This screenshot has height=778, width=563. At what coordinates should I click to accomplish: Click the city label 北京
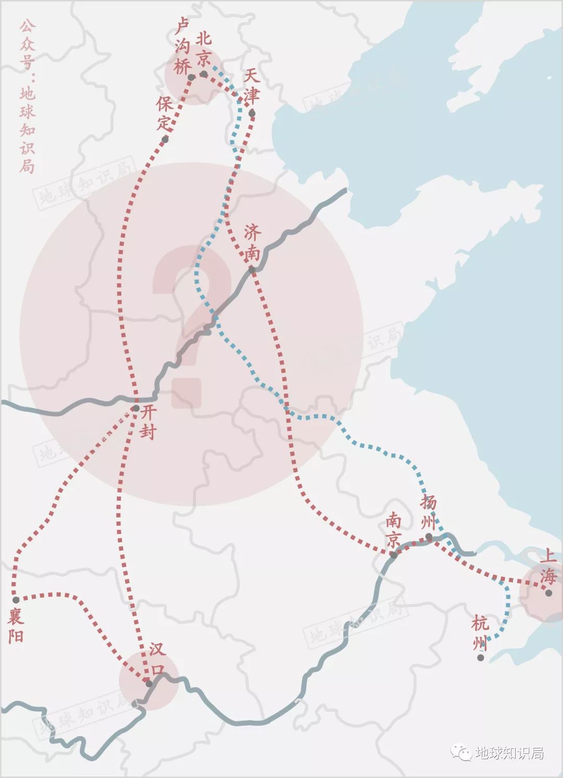(x=203, y=48)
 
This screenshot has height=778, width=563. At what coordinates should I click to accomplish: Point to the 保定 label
(x=165, y=114)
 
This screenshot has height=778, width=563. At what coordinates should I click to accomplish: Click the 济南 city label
(x=252, y=243)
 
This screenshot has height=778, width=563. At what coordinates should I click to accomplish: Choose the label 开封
(x=148, y=422)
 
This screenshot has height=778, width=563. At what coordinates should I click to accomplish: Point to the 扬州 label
(x=429, y=511)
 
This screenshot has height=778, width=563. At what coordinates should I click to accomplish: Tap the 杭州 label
(x=480, y=633)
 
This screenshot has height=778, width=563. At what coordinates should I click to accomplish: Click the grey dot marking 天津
(x=252, y=113)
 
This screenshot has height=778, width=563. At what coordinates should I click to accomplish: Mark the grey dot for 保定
(x=165, y=139)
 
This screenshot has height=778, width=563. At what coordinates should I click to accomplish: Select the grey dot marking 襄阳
(x=16, y=600)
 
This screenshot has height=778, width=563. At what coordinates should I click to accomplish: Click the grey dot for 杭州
(x=481, y=658)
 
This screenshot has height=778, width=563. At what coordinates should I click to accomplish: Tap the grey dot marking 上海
(x=548, y=592)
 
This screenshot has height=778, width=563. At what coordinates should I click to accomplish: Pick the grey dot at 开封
(x=136, y=409)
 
